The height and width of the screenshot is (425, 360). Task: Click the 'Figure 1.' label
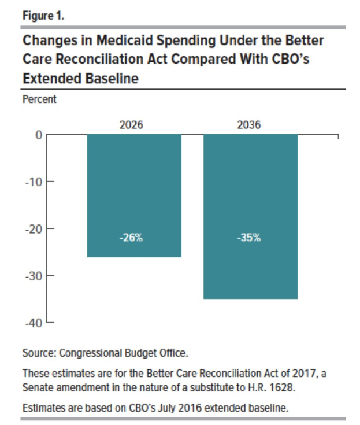coord(43,16)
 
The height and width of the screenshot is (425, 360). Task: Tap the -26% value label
coord(134,238)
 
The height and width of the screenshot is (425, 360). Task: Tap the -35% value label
coord(250,238)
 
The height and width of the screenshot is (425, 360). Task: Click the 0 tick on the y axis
coord(39,135)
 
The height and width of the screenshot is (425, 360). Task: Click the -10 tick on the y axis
coord(34,182)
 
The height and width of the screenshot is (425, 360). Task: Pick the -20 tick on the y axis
coord(34,228)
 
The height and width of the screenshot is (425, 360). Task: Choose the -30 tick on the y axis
coord(34,276)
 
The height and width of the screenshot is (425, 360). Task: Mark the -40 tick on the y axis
coord(34,323)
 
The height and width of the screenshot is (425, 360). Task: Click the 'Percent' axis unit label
coord(39,99)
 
